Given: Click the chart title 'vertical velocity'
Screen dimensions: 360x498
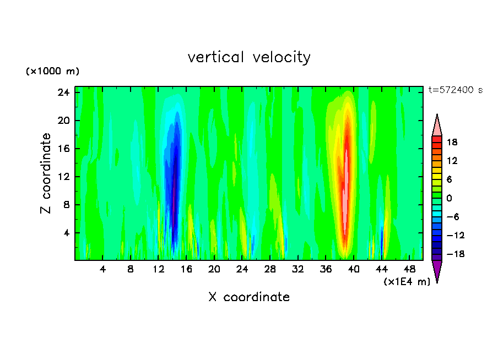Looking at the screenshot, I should (249, 57).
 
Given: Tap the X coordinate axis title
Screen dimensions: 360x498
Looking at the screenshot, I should (249, 297).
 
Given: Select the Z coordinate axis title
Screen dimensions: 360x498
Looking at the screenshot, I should (47, 173).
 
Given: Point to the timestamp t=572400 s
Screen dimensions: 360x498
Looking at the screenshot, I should (455, 90).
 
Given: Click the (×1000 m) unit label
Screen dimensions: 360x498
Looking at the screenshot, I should (52, 72).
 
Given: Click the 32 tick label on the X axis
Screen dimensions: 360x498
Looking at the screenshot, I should (298, 270).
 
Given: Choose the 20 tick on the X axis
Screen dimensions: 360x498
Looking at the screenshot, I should (214, 270).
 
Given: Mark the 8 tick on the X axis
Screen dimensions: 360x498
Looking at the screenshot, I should (131, 270).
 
